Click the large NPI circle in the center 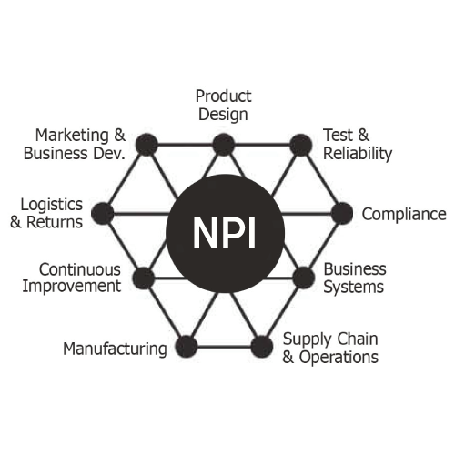point(225,234)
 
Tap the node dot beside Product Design point(224,145)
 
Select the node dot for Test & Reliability point(301,145)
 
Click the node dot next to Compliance point(342,214)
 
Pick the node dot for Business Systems point(304,278)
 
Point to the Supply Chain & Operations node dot point(262,347)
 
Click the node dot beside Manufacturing point(187,347)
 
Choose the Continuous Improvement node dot point(144,278)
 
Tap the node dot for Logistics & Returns point(103,214)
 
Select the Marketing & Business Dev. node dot point(147,145)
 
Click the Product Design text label point(224,106)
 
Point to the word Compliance point(404,215)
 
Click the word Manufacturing point(115,349)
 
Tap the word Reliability point(358,154)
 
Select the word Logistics point(52,206)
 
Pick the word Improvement point(72,287)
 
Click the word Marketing point(72,136)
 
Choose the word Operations point(339,358)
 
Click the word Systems point(354,287)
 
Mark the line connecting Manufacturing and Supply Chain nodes point(224,347)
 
